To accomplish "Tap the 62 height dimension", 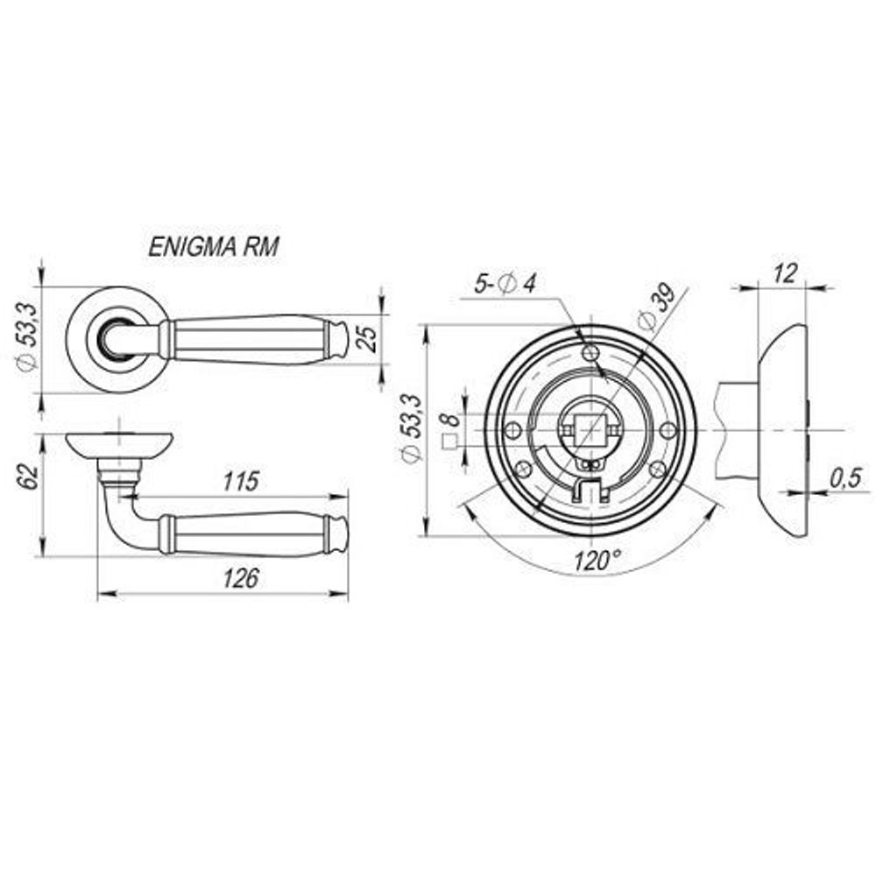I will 28,477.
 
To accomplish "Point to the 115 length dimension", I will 238,481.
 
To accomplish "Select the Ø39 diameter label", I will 658,307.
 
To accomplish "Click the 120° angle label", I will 597,560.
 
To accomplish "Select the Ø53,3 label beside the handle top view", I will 28,336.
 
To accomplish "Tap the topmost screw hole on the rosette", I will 591,352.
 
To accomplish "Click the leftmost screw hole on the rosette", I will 514,429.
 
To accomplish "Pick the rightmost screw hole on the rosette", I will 668,429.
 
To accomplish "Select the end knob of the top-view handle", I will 338,338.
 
